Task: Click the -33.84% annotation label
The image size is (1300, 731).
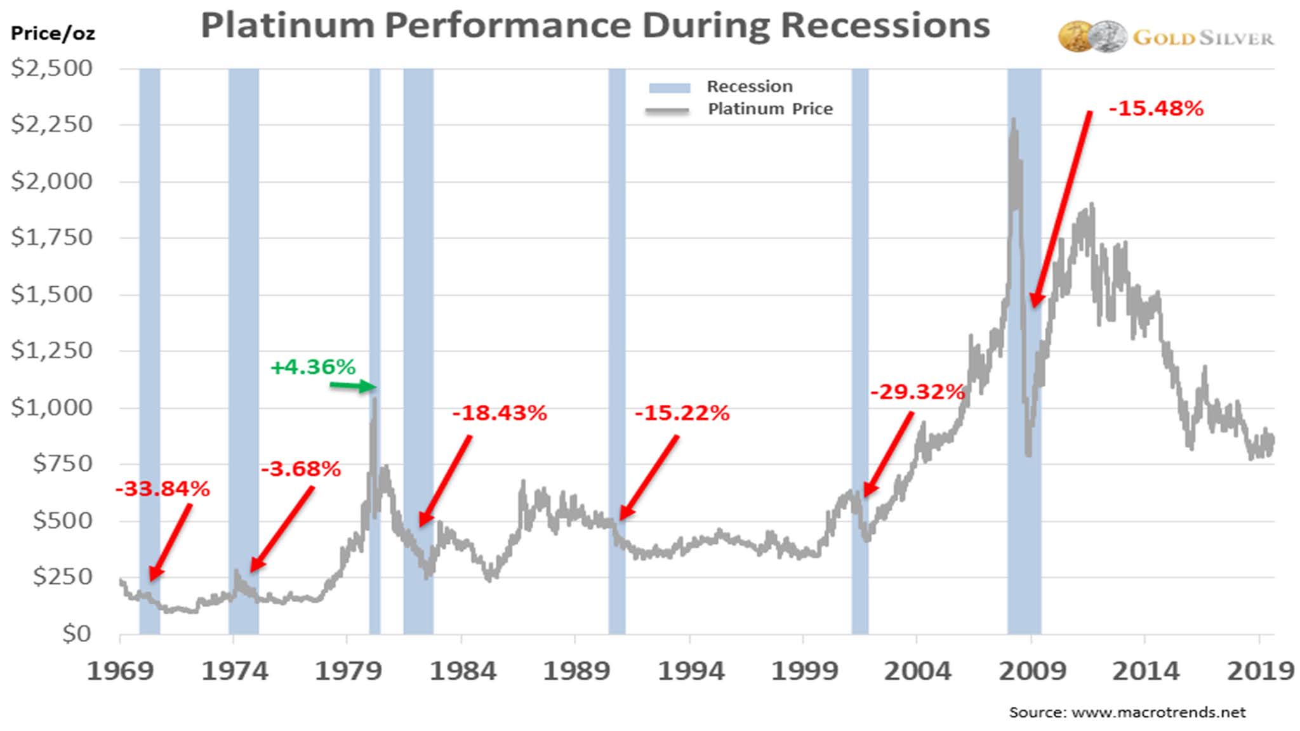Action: tap(162, 489)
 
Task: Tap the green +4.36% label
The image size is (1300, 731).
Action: tap(313, 367)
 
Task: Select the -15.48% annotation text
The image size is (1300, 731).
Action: tap(1156, 109)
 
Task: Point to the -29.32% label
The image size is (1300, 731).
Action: tap(917, 392)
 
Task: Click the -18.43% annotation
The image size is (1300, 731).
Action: tap(500, 413)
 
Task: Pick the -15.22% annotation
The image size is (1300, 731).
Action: tap(682, 413)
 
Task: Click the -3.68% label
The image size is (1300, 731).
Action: tap(301, 469)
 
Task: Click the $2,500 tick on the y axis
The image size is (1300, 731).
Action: tap(51, 69)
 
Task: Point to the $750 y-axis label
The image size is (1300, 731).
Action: tap(62, 464)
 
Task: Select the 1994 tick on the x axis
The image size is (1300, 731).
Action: tap(691, 671)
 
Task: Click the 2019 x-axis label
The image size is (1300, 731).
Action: tap(1259, 671)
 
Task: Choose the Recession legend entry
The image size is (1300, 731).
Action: tap(749, 86)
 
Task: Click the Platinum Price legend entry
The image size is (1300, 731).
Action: tap(769, 109)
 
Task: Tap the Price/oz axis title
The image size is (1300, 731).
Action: tap(53, 33)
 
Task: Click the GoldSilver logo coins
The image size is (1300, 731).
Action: tap(1092, 37)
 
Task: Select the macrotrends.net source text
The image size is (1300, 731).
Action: tap(1127, 712)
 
